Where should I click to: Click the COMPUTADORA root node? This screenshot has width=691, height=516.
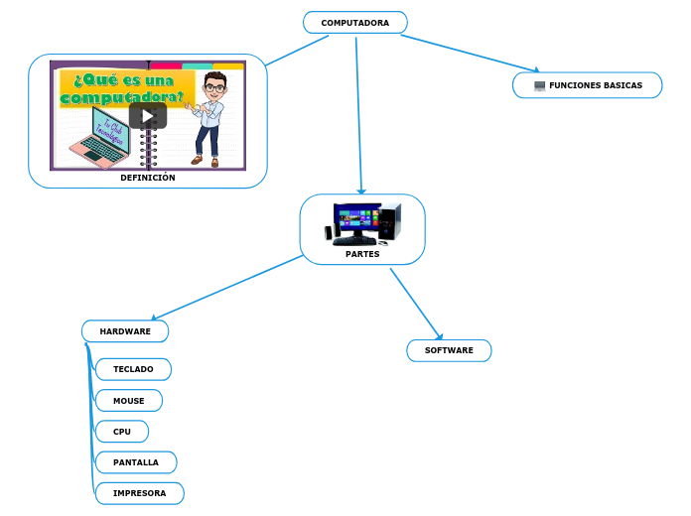354,22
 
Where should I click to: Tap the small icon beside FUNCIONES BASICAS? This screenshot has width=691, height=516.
539,85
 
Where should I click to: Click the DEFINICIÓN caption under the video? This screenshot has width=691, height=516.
147,178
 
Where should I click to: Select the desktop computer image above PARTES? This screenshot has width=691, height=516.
362,223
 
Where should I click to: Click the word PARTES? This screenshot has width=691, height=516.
362,254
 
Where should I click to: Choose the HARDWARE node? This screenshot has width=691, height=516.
125,330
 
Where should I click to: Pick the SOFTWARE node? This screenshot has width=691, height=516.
449,350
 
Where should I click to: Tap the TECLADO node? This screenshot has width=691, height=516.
133,369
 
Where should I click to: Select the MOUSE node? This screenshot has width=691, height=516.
128,401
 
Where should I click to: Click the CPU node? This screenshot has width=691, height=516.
122,432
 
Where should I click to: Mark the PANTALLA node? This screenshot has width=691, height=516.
135,462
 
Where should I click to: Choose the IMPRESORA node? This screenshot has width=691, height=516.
139,493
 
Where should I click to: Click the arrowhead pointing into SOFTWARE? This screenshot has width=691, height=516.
439,335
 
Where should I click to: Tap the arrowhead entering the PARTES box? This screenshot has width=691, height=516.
362,191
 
